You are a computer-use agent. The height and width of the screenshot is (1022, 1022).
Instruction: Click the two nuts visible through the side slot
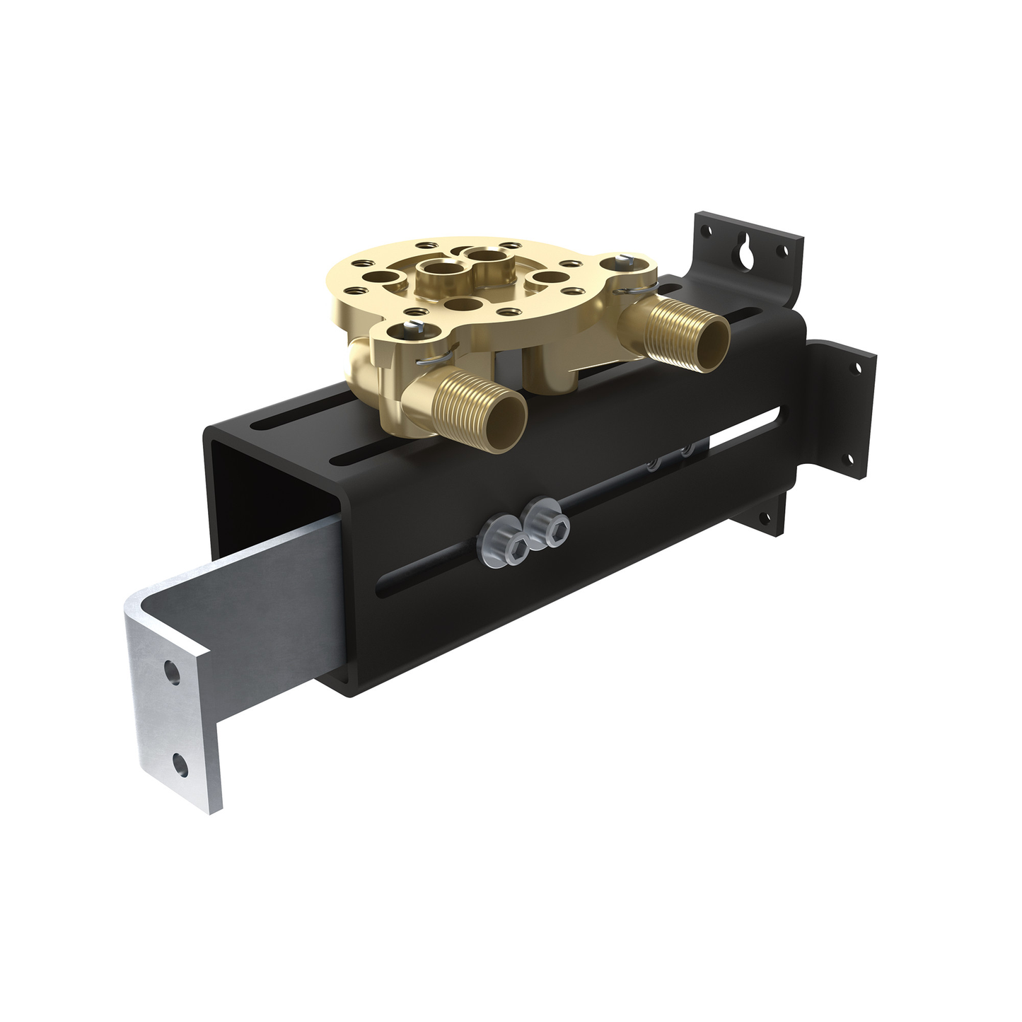point(668,457)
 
